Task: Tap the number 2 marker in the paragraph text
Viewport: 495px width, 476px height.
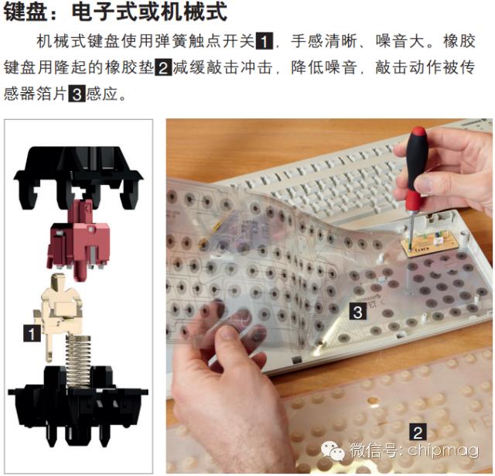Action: [163, 67]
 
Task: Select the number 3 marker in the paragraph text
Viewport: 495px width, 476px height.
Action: [77, 96]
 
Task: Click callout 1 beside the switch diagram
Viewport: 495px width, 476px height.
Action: [32, 333]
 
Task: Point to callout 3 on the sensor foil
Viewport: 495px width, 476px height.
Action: [357, 312]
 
